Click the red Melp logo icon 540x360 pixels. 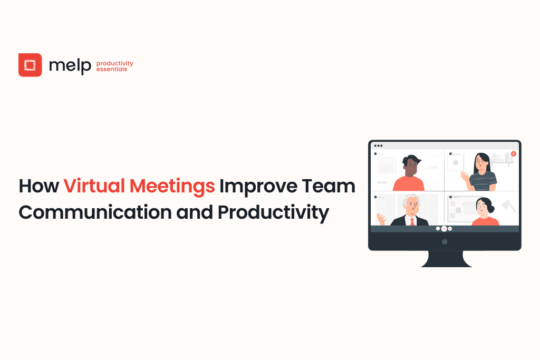(x=30, y=65)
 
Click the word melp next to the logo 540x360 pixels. (x=70, y=66)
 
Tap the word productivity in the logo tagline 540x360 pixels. (x=115, y=64)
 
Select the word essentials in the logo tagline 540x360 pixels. (x=112, y=70)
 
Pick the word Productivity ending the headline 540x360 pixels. (x=273, y=212)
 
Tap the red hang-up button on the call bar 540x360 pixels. (x=444, y=229)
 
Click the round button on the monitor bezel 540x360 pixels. (x=445, y=241)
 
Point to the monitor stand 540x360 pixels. (x=444, y=258)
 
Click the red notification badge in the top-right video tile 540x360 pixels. (x=513, y=154)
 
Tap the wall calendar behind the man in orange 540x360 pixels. (x=386, y=168)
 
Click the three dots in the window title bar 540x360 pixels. (x=378, y=145)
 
